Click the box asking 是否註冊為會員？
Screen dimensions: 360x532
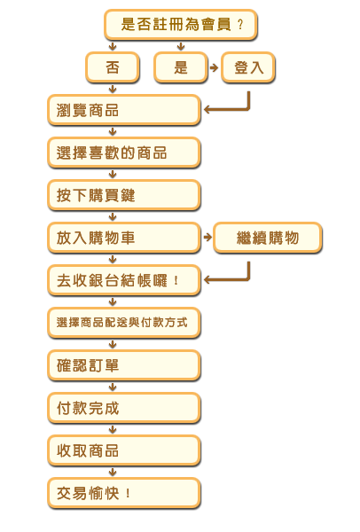click(181, 25)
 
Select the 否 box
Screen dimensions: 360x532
click(113, 67)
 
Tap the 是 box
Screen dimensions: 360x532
click(181, 67)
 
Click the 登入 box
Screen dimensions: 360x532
click(248, 67)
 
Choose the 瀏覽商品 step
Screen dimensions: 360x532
click(124, 110)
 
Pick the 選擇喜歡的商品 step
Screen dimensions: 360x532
click(124, 153)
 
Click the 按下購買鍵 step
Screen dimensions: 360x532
click(124, 195)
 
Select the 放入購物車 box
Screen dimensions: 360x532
click(124, 238)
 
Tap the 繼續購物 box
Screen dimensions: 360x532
click(268, 238)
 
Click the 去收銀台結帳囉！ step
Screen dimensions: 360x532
click(124, 280)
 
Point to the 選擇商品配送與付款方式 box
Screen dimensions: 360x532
click(124, 323)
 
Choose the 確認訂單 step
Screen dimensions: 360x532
click(124, 365)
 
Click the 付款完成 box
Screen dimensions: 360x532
click(124, 408)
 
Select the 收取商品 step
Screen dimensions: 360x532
click(124, 450)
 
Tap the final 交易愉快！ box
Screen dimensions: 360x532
click(124, 493)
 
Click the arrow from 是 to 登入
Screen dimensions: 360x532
click(214, 67)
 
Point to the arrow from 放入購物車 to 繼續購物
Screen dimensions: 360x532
click(207, 237)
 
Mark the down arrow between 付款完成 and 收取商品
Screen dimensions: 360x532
click(113, 429)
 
